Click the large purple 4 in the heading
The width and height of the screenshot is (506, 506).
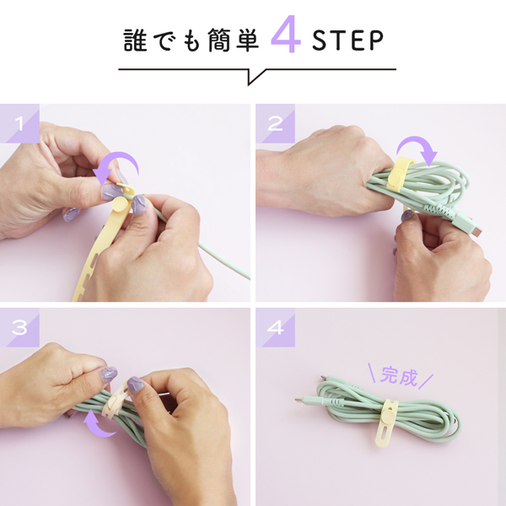[x=286, y=35]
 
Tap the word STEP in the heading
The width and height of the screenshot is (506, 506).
[x=347, y=40]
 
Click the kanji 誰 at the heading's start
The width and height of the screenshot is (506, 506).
[x=135, y=40]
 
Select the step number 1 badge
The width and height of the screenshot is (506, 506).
[x=19, y=123]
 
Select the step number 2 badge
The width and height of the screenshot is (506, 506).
[x=275, y=123]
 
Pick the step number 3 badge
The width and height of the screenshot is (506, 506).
[x=19, y=327]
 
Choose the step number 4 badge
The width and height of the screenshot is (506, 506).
[x=275, y=327]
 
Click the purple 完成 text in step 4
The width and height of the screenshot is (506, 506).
[x=399, y=375]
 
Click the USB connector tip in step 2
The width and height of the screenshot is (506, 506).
[x=477, y=231]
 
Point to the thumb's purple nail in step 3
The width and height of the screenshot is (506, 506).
[x=109, y=374]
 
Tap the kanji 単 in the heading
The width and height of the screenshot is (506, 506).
[x=247, y=40]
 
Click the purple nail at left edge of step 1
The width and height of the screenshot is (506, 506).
[x=72, y=214]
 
